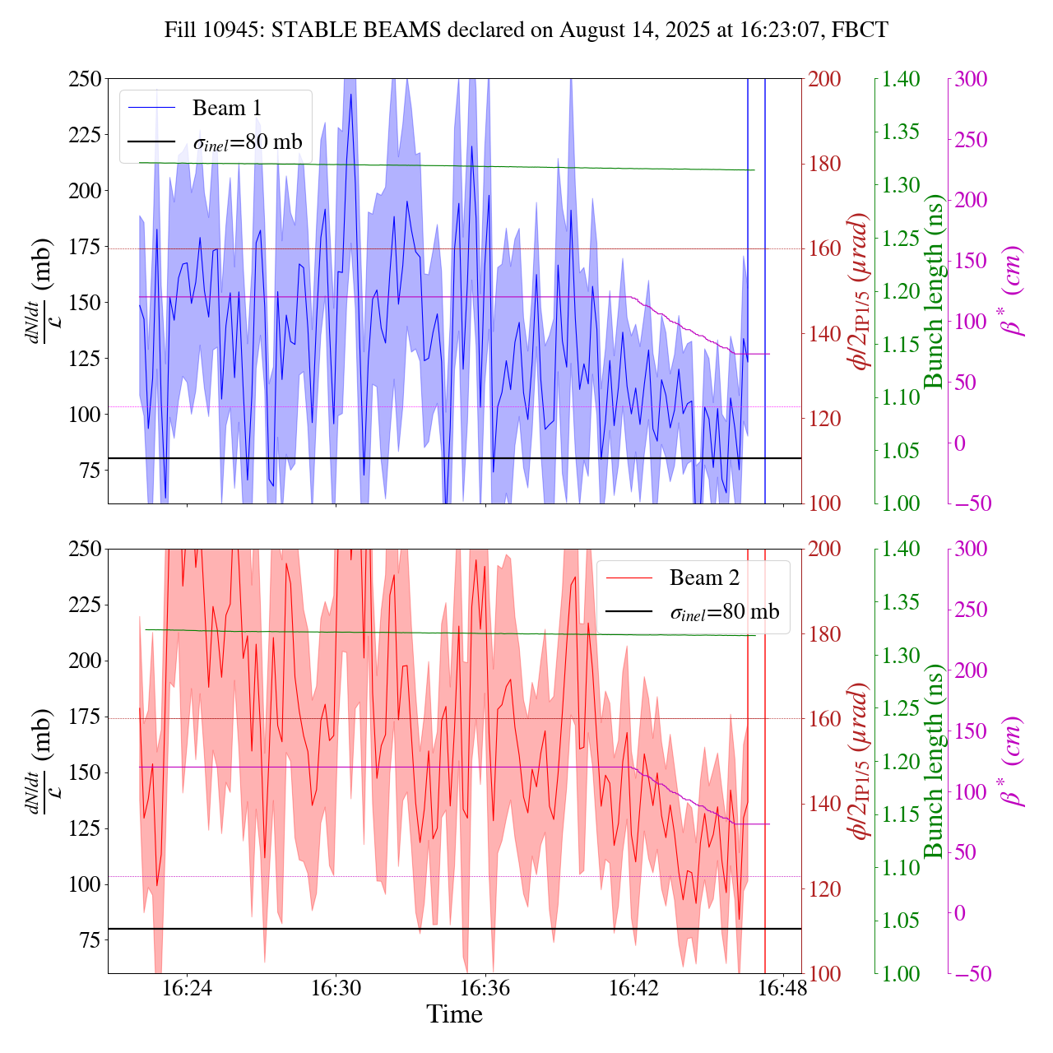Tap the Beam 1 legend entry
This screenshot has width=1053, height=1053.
tap(226, 108)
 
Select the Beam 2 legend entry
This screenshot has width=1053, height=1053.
tap(704, 578)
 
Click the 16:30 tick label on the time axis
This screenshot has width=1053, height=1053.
tap(336, 988)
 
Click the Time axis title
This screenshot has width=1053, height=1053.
tap(454, 1014)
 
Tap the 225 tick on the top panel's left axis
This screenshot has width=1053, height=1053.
tap(85, 135)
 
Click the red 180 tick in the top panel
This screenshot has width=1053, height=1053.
tap(825, 164)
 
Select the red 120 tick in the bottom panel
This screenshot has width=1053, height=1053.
tap(825, 888)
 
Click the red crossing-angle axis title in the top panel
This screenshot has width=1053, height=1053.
tap(860, 291)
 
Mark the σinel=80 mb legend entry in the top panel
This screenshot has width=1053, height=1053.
tap(248, 142)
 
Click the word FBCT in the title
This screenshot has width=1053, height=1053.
tap(860, 30)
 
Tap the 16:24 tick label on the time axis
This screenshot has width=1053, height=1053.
tap(188, 988)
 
